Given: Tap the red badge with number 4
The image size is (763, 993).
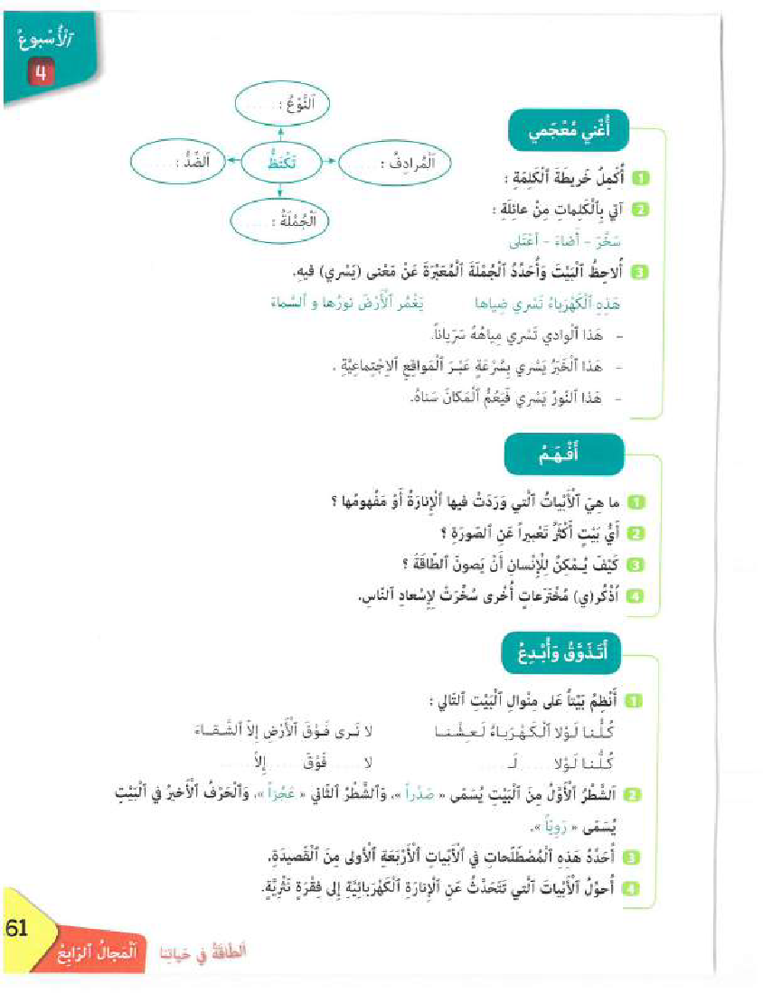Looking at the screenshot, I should click(39, 71).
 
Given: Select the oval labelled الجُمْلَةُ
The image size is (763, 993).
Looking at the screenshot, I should click(281, 218).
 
